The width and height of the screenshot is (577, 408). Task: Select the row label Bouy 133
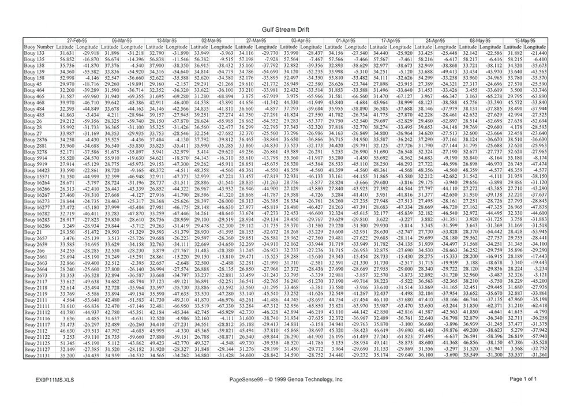34,53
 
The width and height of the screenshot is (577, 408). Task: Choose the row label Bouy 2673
36,276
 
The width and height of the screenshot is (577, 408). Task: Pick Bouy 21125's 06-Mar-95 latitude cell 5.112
112,343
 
